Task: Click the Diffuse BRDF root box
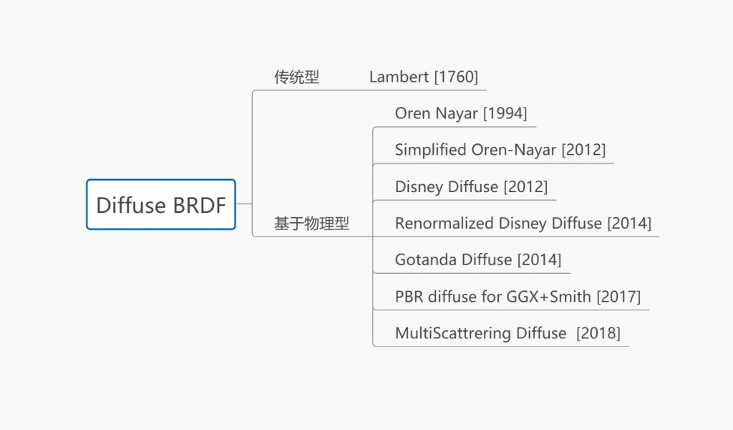coord(161,204)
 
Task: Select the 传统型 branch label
coord(296,77)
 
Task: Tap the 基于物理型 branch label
coord(311,223)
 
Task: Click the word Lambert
coord(399,77)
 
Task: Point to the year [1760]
coord(456,77)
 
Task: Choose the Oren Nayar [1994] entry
coord(460,113)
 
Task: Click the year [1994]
coord(505,113)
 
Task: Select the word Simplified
coord(430,150)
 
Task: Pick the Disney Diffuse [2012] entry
coord(471,187)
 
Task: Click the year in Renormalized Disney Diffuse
coord(628,223)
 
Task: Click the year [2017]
coord(618,297)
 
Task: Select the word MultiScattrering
coord(452,333)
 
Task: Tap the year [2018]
coord(598,333)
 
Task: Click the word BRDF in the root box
coord(199,206)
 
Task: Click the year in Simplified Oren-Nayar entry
coord(583,150)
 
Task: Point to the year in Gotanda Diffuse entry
coord(539,259)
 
